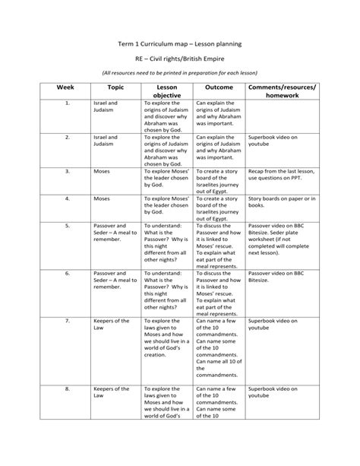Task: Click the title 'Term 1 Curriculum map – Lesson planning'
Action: (x=180, y=45)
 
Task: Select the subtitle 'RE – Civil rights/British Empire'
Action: (x=180, y=59)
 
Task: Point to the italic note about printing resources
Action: (x=180, y=73)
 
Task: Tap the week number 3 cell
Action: (x=67, y=172)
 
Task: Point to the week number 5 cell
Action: (x=67, y=226)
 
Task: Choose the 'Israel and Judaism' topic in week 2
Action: (x=106, y=141)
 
